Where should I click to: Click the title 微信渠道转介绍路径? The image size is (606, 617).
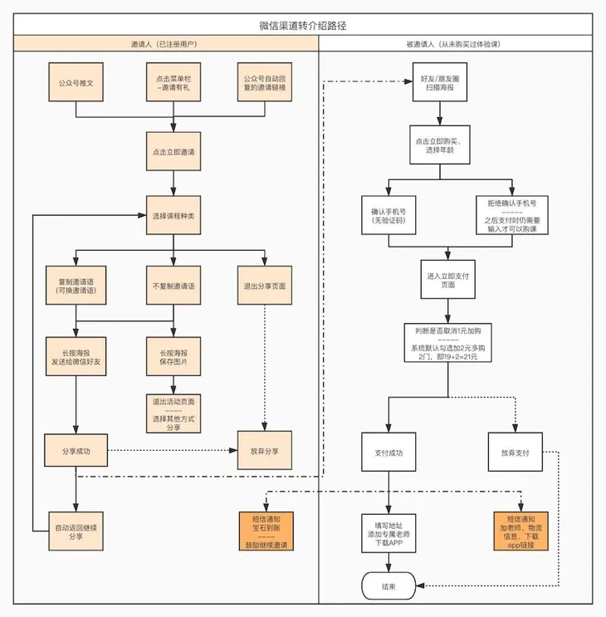(303, 26)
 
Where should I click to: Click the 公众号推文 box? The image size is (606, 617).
(76, 82)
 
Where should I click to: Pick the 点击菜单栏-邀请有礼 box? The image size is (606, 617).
(173, 82)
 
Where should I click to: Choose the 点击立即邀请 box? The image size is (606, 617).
(173, 151)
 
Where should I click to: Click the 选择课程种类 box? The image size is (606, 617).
(173, 215)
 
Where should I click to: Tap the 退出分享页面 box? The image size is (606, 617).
(265, 286)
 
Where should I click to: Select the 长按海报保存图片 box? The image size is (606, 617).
(173, 356)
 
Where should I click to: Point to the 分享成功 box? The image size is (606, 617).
(76, 451)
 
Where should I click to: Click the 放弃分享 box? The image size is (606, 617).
(265, 450)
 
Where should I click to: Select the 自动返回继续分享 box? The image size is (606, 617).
(76, 531)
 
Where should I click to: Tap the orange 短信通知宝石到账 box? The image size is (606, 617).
(266, 531)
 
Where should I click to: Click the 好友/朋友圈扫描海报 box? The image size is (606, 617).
(440, 82)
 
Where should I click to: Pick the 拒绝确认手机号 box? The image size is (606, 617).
(512, 215)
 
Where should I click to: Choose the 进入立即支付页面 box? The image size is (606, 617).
(448, 279)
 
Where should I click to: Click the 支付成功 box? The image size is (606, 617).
(389, 452)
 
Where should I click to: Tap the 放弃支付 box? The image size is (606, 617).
(516, 452)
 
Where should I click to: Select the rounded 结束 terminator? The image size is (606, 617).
(389, 586)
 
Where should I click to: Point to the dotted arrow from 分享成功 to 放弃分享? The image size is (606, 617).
(173, 450)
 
